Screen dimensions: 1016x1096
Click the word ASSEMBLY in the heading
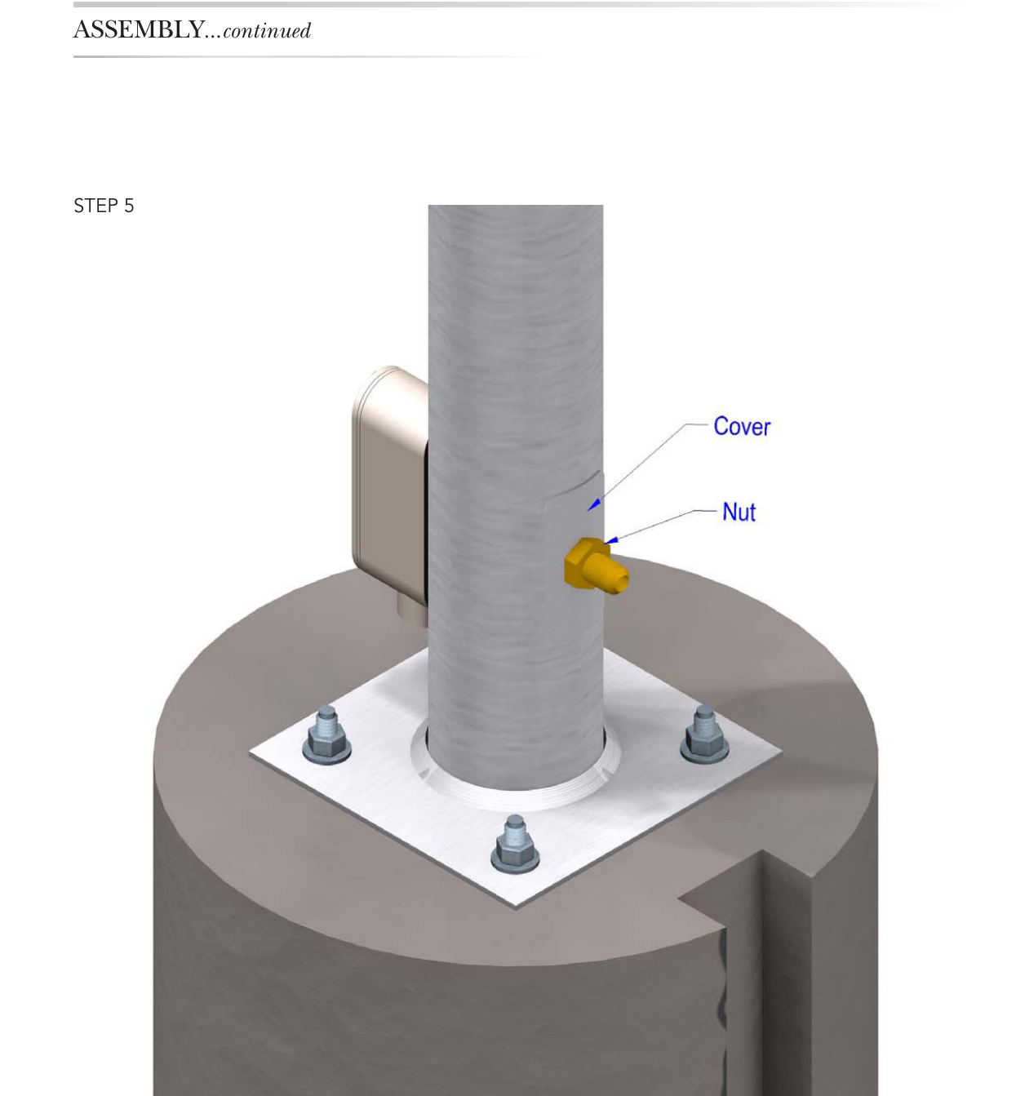pyautogui.click(x=139, y=29)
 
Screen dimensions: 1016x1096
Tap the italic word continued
pyautogui.click(x=267, y=31)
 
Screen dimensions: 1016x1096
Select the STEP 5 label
pyautogui.click(x=104, y=206)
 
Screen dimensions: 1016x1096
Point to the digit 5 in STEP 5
pyautogui.click(x=129, y=206)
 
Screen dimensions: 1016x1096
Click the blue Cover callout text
pyautogui.click(x=742, y=427)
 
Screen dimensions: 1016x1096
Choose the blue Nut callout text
pyautogui.click(x=739, y=513)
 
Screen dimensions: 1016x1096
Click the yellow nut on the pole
pyautogui.click(x=596, y=566)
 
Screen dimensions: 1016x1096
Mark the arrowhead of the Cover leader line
pyautogui.click(x=593, y=504)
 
